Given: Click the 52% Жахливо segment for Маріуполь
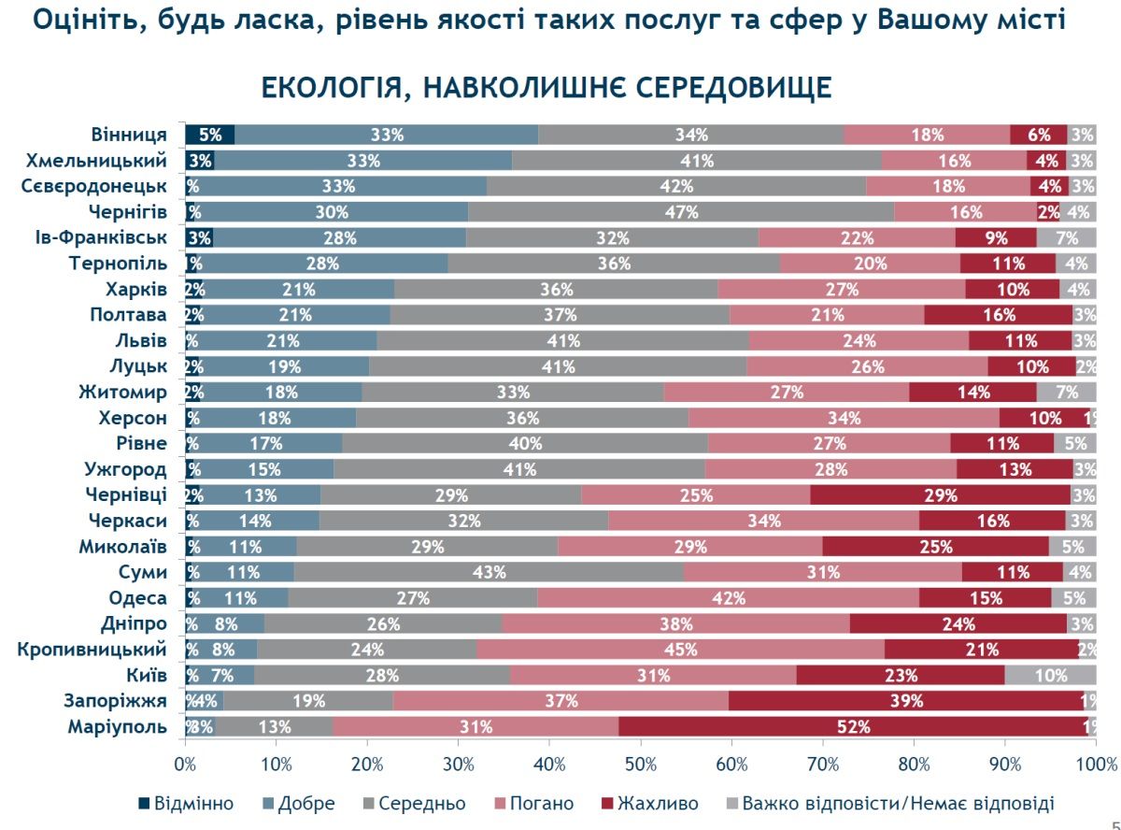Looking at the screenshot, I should (853, 727).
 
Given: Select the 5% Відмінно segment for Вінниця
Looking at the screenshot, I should (209, 135).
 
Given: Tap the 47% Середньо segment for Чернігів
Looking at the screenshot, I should (681, 212).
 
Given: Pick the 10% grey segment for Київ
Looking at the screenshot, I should (1050, 676).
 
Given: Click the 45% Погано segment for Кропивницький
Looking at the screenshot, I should (680, 650).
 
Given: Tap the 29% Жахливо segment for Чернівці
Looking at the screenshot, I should (940, 495).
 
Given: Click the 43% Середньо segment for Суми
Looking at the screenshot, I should (489, 572).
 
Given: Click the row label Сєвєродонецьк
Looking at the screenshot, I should (94, 186).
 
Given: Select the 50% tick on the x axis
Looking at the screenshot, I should (640, 763).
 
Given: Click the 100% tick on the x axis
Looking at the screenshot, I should (1094, 763).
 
